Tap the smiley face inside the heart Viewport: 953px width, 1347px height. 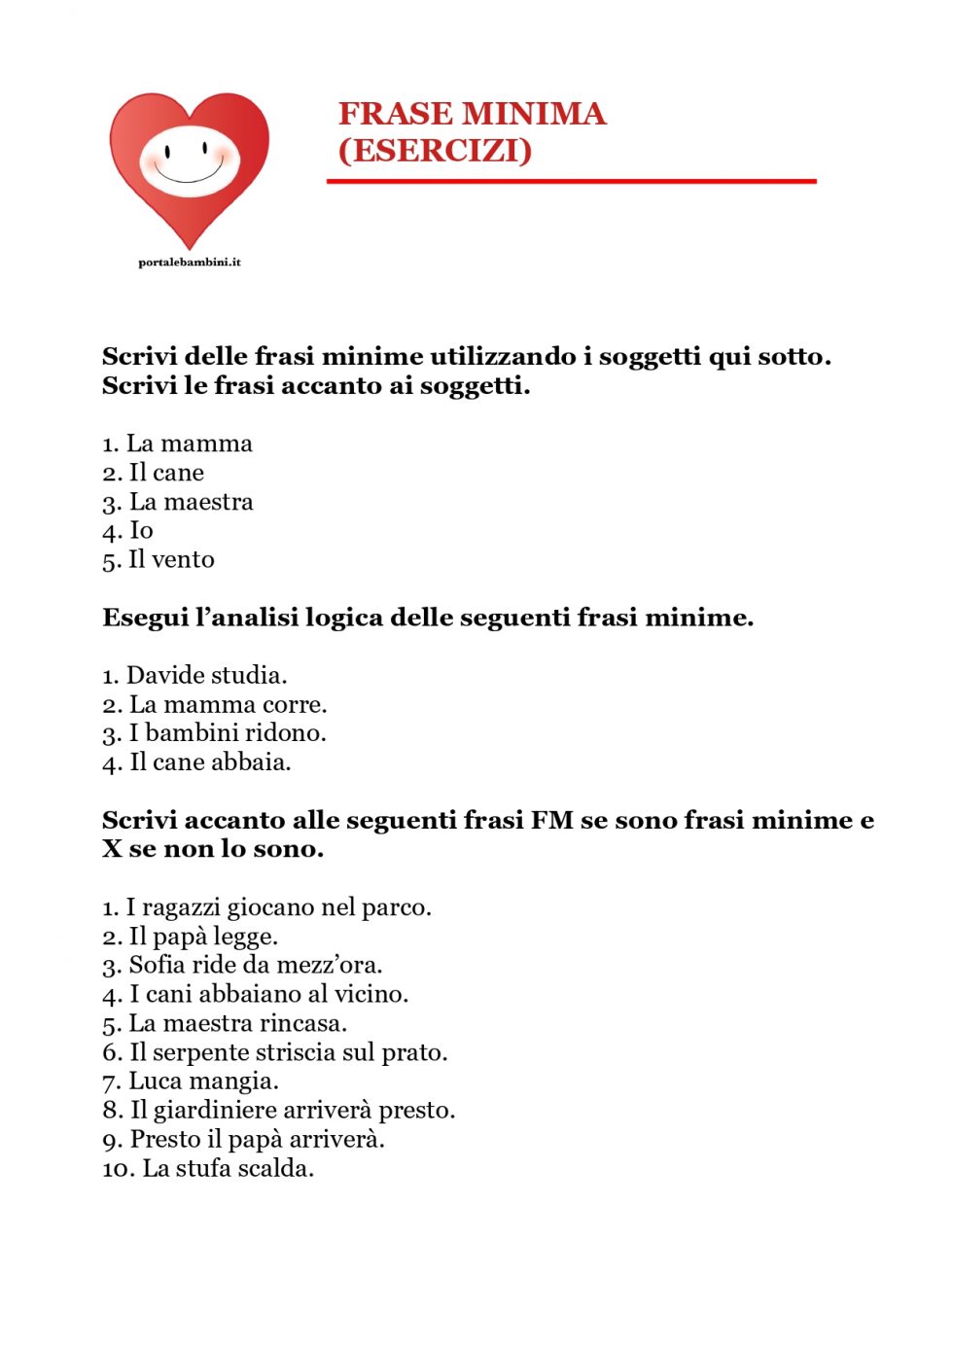click(x=189, y=160)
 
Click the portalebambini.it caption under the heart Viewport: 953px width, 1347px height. click(x=190, y=263)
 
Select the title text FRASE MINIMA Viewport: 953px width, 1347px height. click(x=472, y=114)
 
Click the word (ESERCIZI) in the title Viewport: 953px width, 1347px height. click(x=435, y=151)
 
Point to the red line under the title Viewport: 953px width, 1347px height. click(x=571, y=181)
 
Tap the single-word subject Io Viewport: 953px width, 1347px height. click(x=142, y=531)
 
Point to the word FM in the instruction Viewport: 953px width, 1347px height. click(x=551, y=821)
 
